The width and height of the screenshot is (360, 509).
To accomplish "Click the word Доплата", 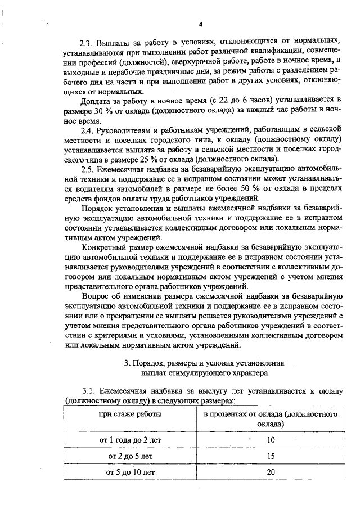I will (x=97, y=101).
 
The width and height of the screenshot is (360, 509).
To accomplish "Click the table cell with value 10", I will (x=271, y=439).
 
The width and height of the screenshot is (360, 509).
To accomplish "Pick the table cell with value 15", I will (x=271, y=456).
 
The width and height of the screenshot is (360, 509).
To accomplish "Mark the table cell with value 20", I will (x=271, y=472).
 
